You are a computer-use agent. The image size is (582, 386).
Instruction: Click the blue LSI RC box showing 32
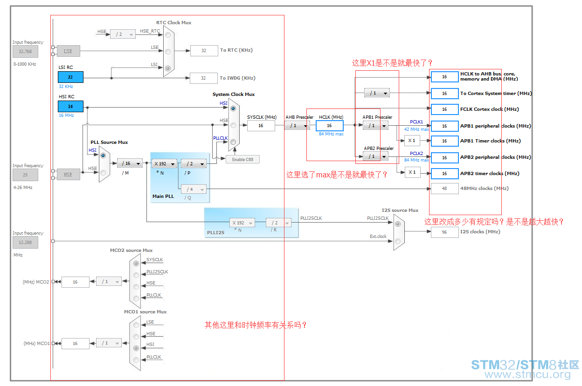[x=71, y=77]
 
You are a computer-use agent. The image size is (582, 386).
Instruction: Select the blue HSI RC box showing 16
[x=71, y=106]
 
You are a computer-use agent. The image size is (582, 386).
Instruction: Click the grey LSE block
[x=69, y=51]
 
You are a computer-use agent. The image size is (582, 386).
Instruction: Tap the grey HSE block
[x=69, y=175]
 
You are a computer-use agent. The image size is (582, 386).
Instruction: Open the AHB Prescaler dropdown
[x=298, y=126]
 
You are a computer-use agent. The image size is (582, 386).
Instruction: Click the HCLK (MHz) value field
[x=329, y=126]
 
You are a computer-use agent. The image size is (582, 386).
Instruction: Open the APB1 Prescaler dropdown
[x=376, y=126]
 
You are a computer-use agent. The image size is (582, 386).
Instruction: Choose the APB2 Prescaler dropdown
[x=376, y=156]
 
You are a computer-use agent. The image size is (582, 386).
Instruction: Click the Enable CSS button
[x=242, y=159]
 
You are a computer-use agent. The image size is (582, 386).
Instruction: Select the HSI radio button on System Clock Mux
[x=233, y=108]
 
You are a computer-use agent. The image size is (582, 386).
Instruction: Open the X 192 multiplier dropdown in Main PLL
[x=165, y=164]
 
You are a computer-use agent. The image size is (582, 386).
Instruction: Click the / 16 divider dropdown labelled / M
[x=130, y=163]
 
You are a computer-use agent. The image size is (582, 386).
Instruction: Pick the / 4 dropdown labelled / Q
[x=194, y=190]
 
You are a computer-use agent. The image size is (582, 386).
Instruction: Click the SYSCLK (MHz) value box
[x=261, y=126]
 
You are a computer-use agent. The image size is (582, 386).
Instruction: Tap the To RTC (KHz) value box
[x=204, y=51]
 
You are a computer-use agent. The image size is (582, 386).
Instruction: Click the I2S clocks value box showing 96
[x=444, y=232]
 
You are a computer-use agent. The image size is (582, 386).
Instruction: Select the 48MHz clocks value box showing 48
[x=444, y=189]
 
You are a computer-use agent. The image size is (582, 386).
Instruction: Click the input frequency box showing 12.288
[x=26, y=242]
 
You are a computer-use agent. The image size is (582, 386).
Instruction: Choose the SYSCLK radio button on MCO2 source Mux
[x=136, y=264]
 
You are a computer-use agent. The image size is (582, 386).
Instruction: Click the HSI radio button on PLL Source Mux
[x=103, y=156]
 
